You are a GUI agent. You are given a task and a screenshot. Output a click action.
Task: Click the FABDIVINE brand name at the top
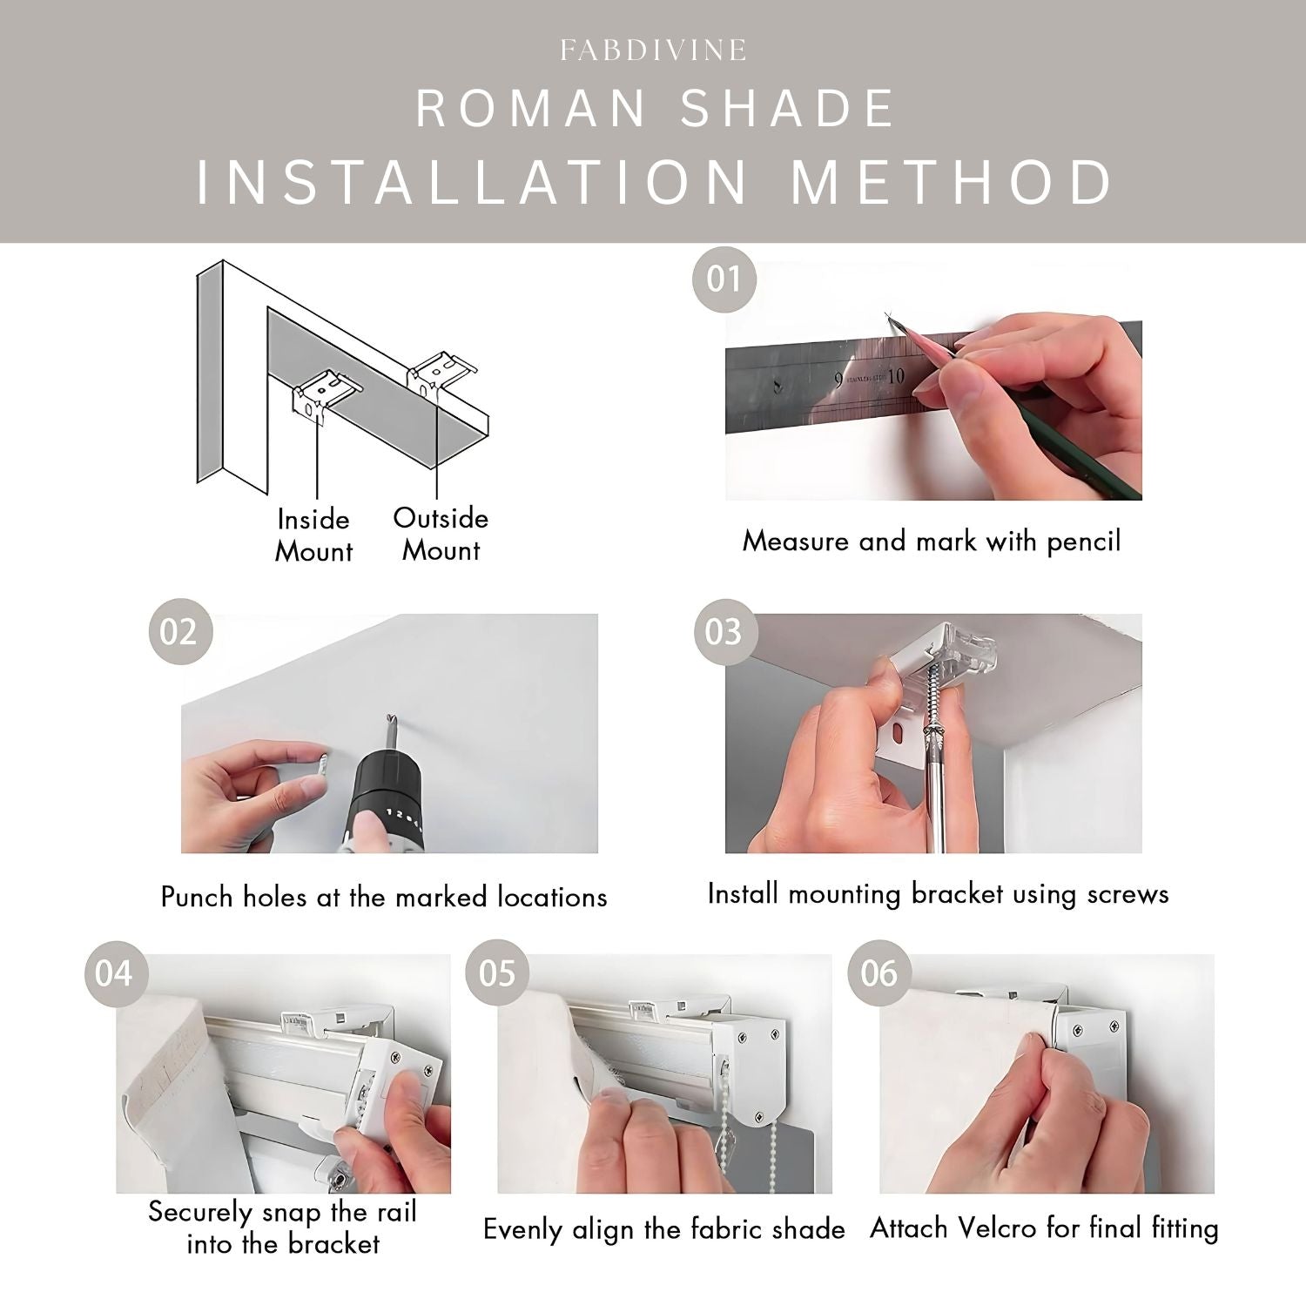(x=653, y=50)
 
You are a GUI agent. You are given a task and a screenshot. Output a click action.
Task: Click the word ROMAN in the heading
(x=532, y=110)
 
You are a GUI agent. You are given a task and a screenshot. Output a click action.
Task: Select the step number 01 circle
(x=724, y=279)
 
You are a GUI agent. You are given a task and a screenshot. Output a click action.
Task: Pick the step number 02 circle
(x=179, y=631)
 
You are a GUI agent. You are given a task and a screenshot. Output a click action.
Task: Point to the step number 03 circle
(x=724, y=631)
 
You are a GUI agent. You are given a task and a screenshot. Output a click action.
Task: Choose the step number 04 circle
(x=114, y=972)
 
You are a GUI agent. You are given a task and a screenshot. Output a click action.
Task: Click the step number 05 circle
(x=497, y=972)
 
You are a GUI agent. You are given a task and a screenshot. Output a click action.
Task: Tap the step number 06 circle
(x=879, y=972)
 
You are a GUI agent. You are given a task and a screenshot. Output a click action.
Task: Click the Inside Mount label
(x=313, y=535)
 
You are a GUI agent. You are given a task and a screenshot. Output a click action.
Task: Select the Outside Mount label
(x=441, y=535)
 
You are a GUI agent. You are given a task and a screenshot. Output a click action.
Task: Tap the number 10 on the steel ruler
(x=896, y=376)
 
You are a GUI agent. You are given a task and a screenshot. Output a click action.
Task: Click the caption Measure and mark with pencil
(x=932, y=542)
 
